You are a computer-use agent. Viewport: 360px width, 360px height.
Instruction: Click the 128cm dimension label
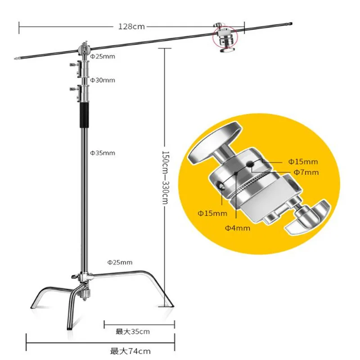[x=132, y=27]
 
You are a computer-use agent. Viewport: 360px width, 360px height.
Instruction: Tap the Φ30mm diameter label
[x=102, y=80]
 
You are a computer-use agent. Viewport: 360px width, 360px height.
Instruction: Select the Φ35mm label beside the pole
[x=102, y=153]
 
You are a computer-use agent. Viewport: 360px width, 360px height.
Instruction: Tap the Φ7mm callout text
[x=306, y=172]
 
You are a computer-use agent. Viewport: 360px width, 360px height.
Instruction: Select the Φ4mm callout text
[x=238, y=228]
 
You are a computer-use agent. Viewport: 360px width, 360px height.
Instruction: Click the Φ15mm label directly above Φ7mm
[x=303, y=161]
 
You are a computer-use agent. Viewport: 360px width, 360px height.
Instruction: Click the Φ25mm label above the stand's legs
[x=119, y=262]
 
